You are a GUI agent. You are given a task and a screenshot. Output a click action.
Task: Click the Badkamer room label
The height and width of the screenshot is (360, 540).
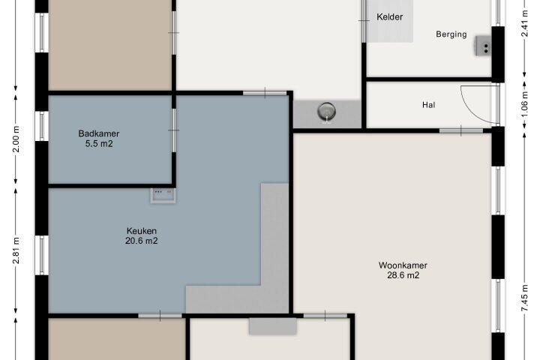99,133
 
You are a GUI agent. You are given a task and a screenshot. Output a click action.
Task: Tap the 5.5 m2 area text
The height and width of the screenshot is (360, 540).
99,144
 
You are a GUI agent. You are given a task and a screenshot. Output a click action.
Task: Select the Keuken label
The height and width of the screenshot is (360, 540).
142,231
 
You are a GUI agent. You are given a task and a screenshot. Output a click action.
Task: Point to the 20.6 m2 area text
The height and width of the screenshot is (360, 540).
142,241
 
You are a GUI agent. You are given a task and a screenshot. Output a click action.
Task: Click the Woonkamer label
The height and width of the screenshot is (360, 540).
403,265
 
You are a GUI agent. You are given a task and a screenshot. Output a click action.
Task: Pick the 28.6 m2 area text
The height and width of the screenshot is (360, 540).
403,275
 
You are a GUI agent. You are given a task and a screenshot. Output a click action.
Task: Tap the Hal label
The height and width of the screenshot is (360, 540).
428,105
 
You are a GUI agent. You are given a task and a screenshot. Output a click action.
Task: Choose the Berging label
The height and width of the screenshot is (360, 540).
451,34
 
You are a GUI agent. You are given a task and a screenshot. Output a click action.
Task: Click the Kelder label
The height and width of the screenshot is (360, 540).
389,17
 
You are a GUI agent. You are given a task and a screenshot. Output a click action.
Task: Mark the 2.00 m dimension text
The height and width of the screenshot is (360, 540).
16,139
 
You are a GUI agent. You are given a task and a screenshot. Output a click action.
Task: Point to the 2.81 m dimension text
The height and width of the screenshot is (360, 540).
16,250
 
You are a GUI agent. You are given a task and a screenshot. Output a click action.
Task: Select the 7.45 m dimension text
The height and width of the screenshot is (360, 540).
524,298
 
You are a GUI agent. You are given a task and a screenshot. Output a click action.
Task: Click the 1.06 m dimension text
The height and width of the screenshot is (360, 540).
524,104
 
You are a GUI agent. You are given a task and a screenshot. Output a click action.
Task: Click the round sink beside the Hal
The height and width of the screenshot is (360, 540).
326,112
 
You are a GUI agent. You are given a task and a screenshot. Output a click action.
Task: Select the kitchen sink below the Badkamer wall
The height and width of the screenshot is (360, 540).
163,195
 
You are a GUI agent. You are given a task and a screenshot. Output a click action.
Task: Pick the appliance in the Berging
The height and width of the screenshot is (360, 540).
484,46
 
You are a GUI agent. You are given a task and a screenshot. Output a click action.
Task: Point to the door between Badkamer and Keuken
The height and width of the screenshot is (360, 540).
174,130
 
